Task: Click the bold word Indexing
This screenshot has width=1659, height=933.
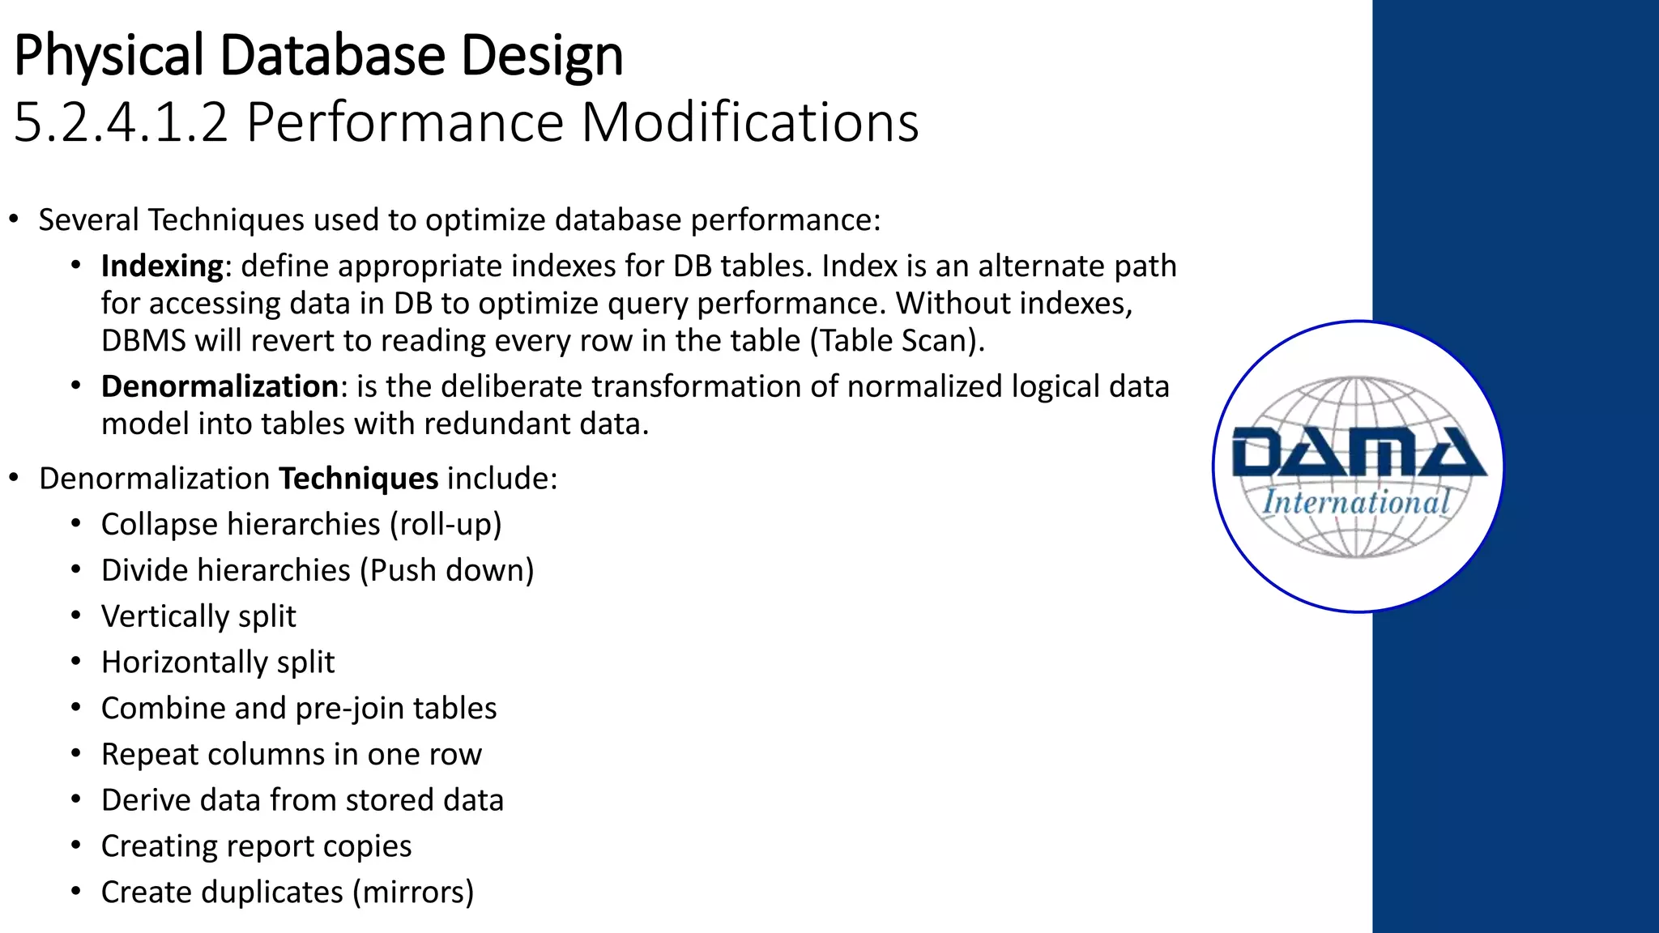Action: coord(161,266)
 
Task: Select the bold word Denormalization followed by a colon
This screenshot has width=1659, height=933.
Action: coord(220,386)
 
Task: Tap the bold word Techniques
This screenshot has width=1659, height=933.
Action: coord(358,479)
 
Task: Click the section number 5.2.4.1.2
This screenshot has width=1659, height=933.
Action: coord(122,123)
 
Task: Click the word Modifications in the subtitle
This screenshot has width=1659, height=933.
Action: coord(749,123)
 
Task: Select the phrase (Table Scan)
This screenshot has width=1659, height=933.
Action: coord(897,340)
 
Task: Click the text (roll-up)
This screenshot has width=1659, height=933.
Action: coord(446,525)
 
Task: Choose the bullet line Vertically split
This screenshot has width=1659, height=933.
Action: coord(198,616)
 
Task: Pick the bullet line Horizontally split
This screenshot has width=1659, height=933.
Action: coord(217,662)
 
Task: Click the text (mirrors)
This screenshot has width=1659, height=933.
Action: coord(412,893)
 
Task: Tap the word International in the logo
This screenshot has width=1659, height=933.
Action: coord(1356,502)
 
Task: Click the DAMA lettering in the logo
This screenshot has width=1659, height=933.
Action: coord(1358,454)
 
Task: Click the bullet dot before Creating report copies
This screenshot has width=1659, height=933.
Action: coord(76,846)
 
